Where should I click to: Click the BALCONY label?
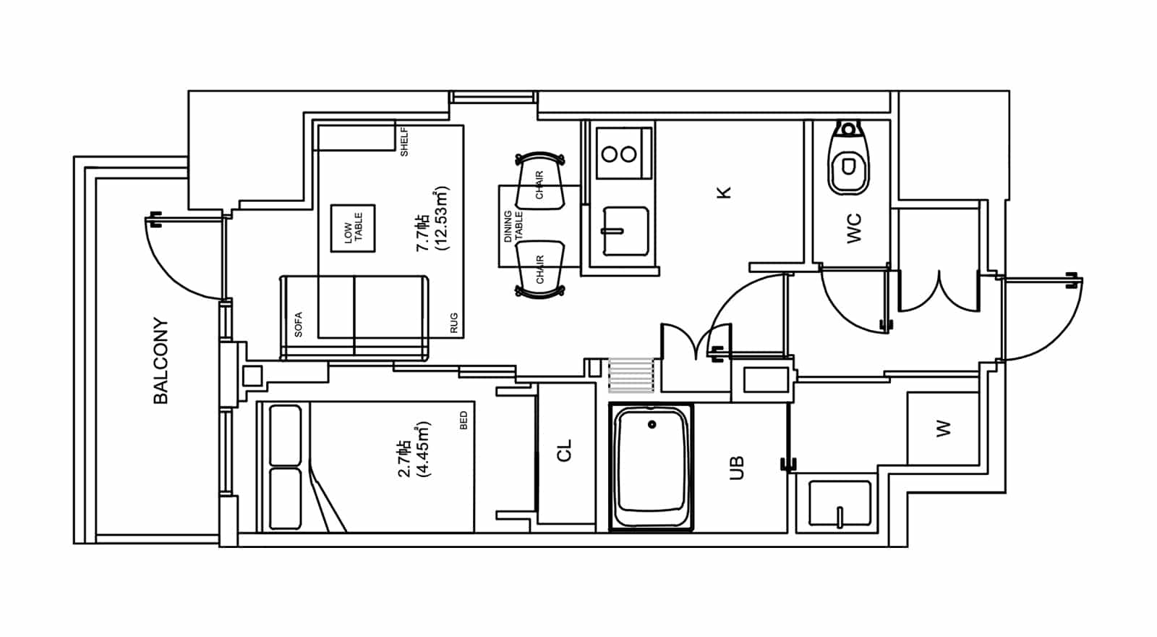coord(161,360)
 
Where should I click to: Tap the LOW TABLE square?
coord(353,228)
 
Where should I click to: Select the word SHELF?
coord(404,142)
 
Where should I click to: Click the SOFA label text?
coord(298,325)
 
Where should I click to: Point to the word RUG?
coord(454,323)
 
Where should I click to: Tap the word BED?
coord(464,420)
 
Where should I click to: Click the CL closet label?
coord(564,450)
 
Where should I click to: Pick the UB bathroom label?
coord(737,468)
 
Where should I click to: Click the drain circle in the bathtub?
coord(652,424)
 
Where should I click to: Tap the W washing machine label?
coord(943,429)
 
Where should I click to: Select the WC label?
coord(854,228)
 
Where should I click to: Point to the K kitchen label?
coord(724,193)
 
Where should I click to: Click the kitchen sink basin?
coord(626,231)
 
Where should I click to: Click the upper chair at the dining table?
coord(539,181)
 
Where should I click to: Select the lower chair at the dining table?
coord(539,269)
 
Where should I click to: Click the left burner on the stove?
coord(610,154)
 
